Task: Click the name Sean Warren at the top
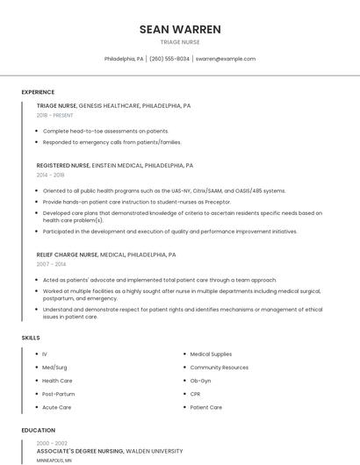point(180,29)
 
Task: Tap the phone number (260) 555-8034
point(169,59)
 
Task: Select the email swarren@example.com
point(226,59)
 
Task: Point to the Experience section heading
point(38,92)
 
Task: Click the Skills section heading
point(31,338)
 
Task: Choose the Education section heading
point(38,431)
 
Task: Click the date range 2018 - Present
point(55,116)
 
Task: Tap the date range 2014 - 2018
point(51,175)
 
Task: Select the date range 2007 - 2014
point(51,264)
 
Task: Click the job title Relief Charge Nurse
point(67,254)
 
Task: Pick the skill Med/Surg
point(54,368)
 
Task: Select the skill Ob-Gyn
point(201,381)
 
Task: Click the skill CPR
point(196,394)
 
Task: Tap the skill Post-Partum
point(57,394)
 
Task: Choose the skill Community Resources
point(219,368)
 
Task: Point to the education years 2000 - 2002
point(51,443)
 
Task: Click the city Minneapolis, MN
point(54,461)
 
